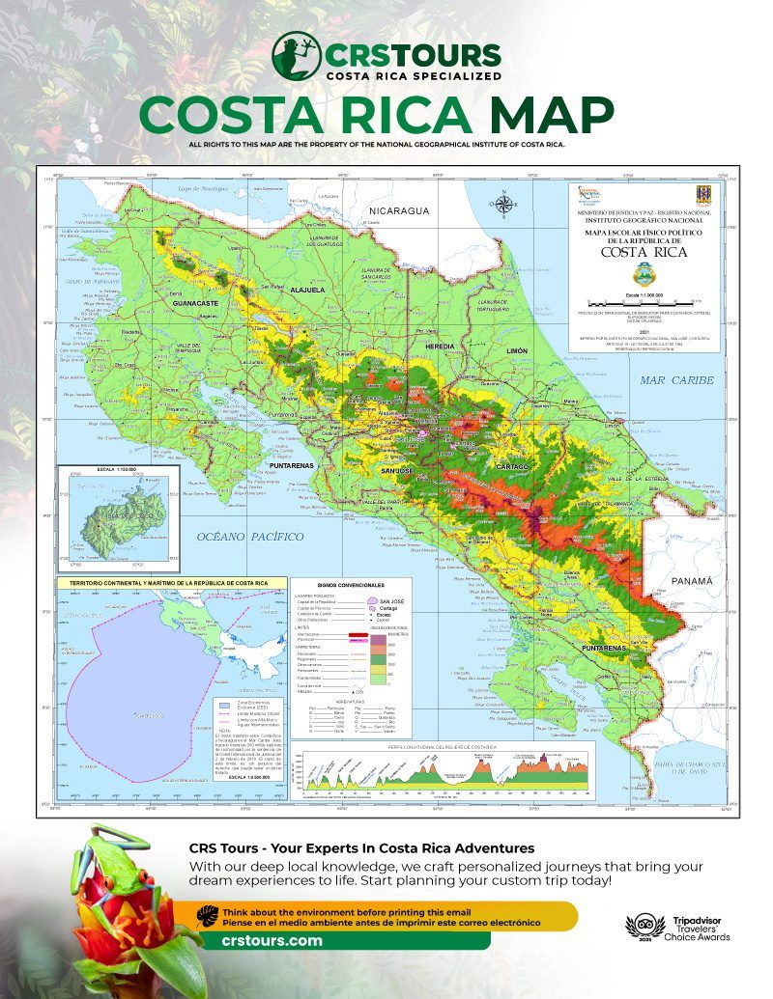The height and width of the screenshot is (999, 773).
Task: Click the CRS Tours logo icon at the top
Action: click(296, 56)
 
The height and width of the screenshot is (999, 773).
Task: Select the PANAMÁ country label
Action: click(691, 581)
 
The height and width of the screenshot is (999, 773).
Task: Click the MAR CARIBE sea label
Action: click(676, 380)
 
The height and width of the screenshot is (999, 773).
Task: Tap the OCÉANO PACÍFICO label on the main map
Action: click(249, 536)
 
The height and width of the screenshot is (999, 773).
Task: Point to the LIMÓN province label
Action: click(517, 352)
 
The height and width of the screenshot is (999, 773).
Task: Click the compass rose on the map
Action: click(502, 204)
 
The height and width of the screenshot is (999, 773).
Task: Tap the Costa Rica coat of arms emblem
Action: click(703, 196)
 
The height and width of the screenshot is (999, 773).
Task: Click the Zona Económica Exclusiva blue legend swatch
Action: click(223, 707)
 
